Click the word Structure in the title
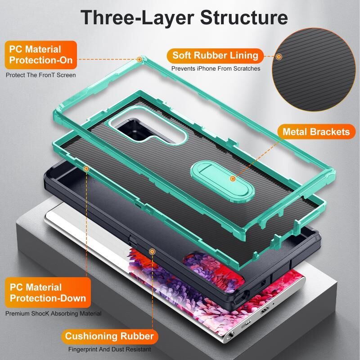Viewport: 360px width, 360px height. (x=244, y=18)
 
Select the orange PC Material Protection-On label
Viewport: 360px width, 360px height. (x=40, y=55)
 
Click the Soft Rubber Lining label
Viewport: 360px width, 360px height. (x=215, y=55)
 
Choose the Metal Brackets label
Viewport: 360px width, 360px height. (x=316, y=131)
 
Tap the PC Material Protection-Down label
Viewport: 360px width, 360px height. (x=48, y=292)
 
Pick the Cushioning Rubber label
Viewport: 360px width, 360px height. (x=109, y=336)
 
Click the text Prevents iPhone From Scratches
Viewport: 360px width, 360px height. (x=216, y=69)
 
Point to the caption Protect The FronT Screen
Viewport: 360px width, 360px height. (x=40, y=75)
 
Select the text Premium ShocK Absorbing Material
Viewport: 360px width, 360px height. (x=53, y=313)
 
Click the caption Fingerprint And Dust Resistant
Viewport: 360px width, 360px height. (x=110, y=350)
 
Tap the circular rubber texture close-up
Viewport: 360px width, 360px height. (x=314, y=70)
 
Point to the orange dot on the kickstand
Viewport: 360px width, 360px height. (x=233, y=179)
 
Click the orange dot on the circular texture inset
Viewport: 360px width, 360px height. (x=279, y=57)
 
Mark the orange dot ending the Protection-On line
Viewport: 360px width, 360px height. (x=139, y=59)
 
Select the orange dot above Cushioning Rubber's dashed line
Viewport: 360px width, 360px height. (x=152, y=252)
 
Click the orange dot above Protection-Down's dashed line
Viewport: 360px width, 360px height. (x=86, y=169)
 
